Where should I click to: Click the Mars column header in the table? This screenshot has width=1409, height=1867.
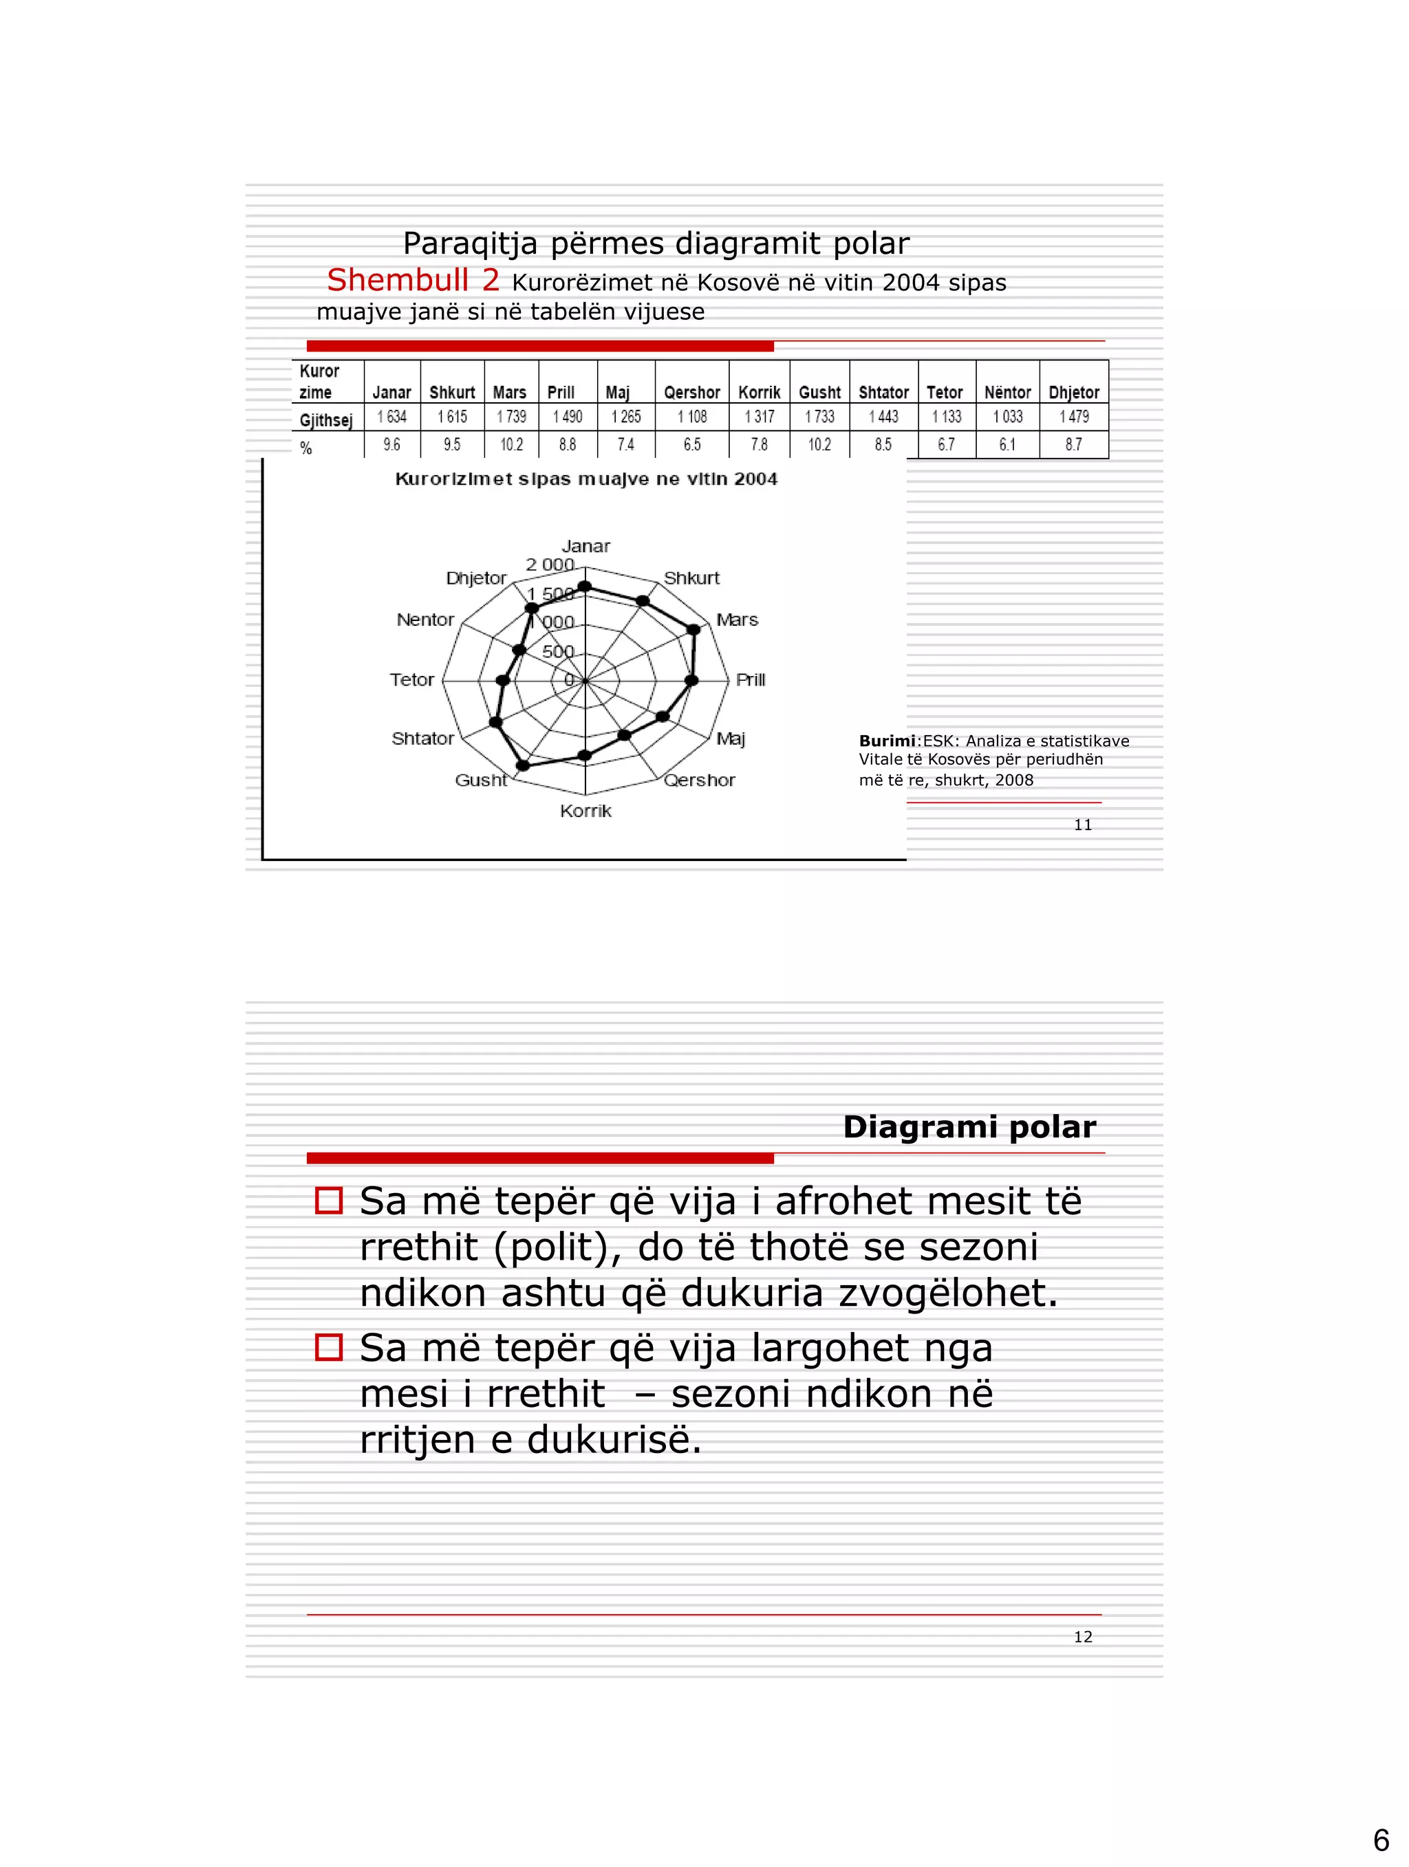509,393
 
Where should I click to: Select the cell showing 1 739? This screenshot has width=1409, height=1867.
510,417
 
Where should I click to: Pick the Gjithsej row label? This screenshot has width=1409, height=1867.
326,419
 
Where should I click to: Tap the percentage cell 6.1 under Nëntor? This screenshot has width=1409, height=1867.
1007,445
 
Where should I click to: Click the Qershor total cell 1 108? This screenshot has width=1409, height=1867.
691,417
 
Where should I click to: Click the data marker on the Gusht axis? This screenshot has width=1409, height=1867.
523,765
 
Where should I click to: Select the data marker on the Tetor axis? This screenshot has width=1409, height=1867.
503,680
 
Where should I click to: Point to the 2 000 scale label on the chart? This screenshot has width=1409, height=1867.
550,565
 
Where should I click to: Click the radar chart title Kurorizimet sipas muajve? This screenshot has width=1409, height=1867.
586,479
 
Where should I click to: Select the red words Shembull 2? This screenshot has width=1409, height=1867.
413,279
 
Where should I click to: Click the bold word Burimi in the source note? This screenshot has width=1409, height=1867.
886,741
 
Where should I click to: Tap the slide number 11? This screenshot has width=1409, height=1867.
1082,825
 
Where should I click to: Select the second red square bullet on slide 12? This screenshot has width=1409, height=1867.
328,1347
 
